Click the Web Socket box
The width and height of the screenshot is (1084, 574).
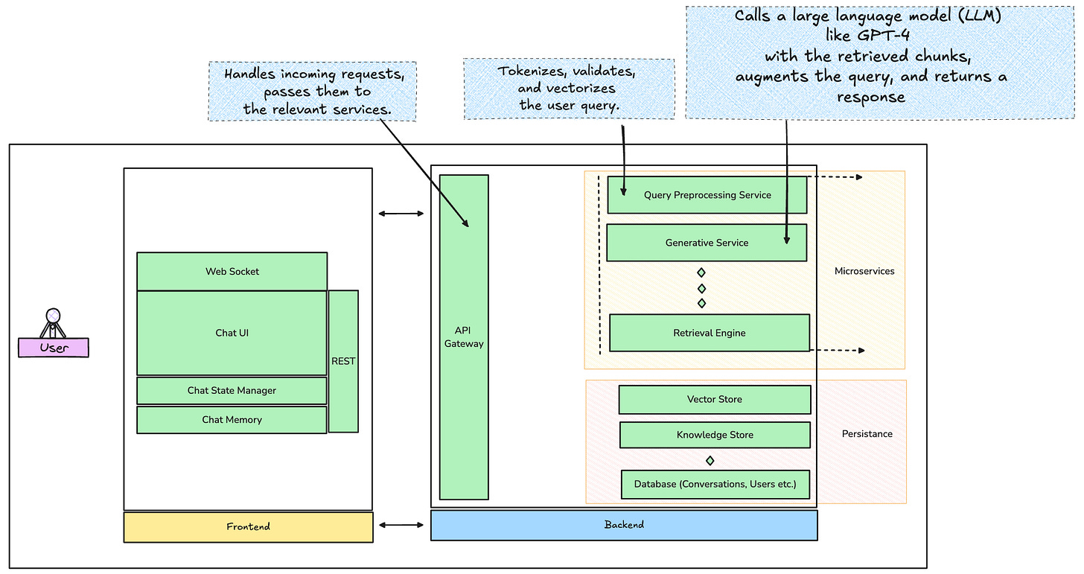(232, 272)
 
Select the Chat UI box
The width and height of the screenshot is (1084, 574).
(232, 333)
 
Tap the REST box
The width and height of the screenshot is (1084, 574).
(343, 361)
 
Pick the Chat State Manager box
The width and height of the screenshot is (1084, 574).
(232, 390)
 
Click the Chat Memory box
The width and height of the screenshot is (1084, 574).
(232, 420)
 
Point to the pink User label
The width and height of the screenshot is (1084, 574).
(54, 348)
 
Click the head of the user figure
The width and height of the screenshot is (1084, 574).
(52, 315)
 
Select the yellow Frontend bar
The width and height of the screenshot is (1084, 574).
(248, 527)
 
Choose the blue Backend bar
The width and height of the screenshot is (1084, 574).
(624, 525)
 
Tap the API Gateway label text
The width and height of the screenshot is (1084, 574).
(464, 337)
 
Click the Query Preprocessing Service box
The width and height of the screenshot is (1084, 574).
(707, 195)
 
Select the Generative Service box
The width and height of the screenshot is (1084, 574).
(707, 243)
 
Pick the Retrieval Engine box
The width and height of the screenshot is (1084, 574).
(709, 333)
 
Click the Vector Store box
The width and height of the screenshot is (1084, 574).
(714, 399)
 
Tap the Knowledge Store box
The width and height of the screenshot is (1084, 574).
(714, 435)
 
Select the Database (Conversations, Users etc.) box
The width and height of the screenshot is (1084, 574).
(715, 484)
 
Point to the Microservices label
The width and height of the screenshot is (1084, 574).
(864, 271)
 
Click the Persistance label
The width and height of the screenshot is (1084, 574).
(867, 433)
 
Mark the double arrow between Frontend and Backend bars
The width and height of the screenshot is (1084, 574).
(401, 526)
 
